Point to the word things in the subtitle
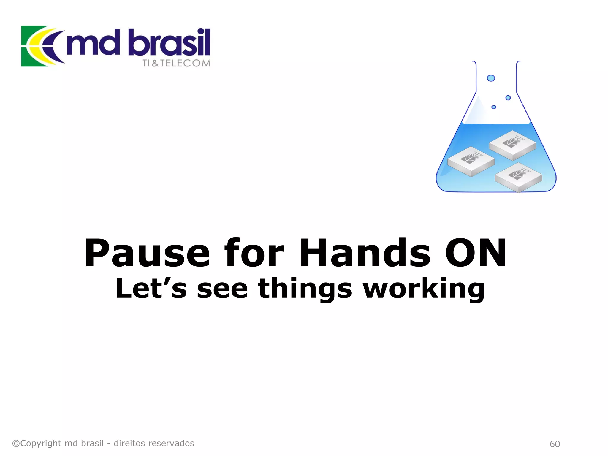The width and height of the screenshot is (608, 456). [305, 288]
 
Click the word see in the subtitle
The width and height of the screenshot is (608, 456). [222, 288]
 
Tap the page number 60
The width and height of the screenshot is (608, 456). [555, 444]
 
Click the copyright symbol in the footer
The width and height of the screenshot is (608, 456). [16, 444]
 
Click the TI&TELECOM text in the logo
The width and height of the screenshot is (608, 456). [176, 63]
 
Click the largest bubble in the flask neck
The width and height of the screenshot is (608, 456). [491, 78]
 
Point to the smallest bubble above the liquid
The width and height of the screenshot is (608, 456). [494, 107]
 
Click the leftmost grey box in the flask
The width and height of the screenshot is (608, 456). [471, 161]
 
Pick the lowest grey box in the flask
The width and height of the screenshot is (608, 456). [518, 178]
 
